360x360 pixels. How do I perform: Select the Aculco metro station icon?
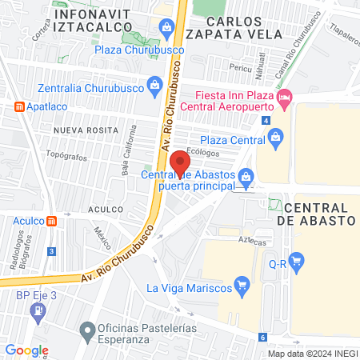click(52, 221)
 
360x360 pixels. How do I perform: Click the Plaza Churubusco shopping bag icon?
click(166, 29)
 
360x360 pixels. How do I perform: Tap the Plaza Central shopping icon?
click(276, 137)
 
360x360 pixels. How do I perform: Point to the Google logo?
click(27, 350)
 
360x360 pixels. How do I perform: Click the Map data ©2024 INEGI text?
click(310, 354)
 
